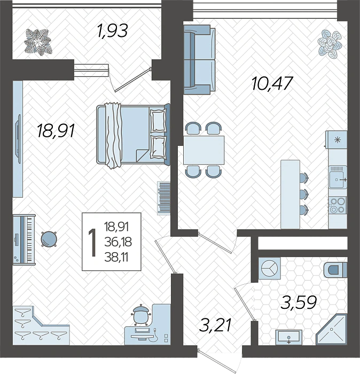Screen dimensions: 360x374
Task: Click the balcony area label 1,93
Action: tap(112, 30)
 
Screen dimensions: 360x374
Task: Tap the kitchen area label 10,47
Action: tap(272, 83)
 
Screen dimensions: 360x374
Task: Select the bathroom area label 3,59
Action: tap(299, 302)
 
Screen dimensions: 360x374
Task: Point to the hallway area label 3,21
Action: tap(215, 325)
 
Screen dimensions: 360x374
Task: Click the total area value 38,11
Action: tap(116, 258)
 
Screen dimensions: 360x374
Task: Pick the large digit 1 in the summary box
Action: tap(92, 243)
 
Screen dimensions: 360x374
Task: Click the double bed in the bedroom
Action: tap(133, 135)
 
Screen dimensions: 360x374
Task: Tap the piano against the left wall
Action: tap(24, 239)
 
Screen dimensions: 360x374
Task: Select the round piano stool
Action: tap(49, 239)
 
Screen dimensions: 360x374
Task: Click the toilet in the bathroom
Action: tap(335, 270)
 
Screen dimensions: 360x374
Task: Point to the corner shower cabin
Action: tap(332, 330)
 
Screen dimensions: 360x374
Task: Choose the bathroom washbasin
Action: tap(289, 337)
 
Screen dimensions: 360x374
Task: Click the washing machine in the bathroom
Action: tap(269, 268)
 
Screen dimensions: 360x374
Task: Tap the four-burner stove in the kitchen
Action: tap(338, 205)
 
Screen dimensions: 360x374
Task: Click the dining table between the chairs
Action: tap(204, 150)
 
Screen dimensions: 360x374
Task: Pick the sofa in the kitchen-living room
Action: tap(200, 60)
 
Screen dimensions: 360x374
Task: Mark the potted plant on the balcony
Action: tap(38, 42)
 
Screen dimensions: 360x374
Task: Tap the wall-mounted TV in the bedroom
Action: tap(18, 139)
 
